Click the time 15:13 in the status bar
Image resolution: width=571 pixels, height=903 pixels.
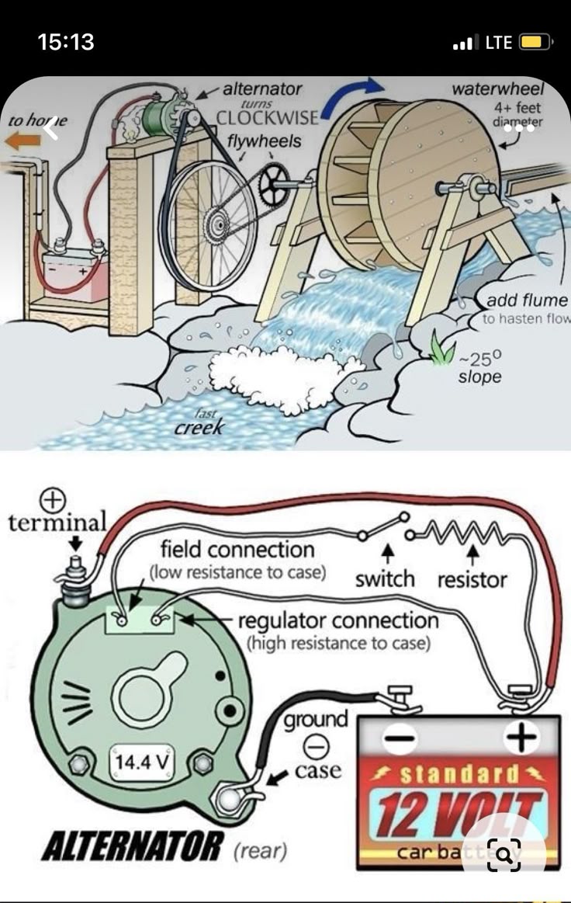click(66, 42)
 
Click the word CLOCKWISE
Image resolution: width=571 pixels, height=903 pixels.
click(268, 119)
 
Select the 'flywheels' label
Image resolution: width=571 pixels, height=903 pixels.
click(265, 141)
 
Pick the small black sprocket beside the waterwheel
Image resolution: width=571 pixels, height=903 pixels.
click(275, 184)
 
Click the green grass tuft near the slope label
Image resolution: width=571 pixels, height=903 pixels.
click(443, 350)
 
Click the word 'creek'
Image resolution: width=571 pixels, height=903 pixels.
click(199, 427)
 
